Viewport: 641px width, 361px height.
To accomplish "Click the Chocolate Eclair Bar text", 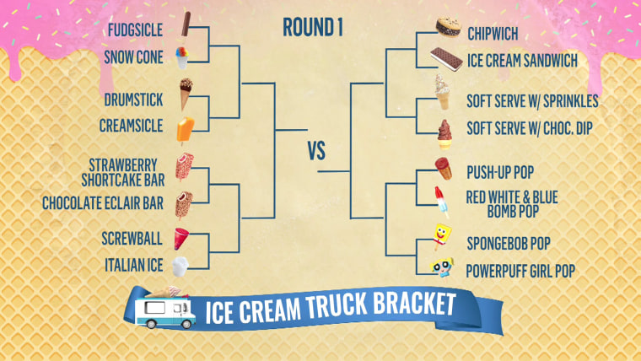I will [115, 203].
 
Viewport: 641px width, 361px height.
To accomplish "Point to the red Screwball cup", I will [182, 238].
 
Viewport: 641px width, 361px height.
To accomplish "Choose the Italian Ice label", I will [134, 264].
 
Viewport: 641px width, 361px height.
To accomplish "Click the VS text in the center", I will [316, 152].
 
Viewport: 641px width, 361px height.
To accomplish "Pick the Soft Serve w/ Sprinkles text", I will [532, 101].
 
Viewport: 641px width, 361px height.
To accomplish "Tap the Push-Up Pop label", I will [499, 169].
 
